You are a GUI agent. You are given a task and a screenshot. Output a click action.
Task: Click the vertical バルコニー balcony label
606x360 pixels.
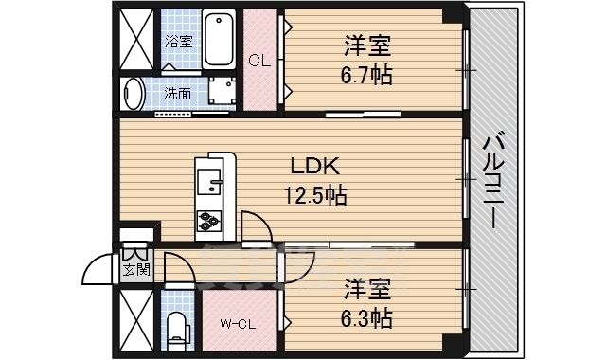click(x=492, y=180)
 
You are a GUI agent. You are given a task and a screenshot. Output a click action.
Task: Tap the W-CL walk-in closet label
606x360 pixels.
click(x=239, y=325)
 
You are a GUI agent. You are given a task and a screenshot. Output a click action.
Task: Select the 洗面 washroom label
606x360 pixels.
click(x=177, y=94)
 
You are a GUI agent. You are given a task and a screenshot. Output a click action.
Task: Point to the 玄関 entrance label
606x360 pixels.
click(x=135, y=270)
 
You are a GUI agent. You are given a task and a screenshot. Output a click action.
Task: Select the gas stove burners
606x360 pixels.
click(x=208, y=222)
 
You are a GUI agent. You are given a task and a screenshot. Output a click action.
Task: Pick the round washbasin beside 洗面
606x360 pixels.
click(x=134, y=94)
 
